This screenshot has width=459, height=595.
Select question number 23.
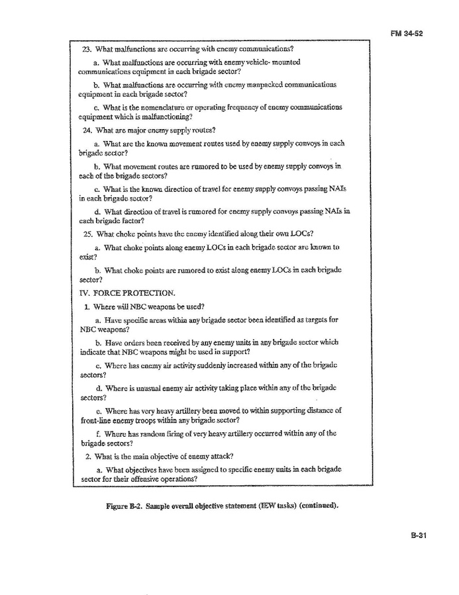(86, 48)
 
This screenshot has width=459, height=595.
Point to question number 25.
(86, 233)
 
